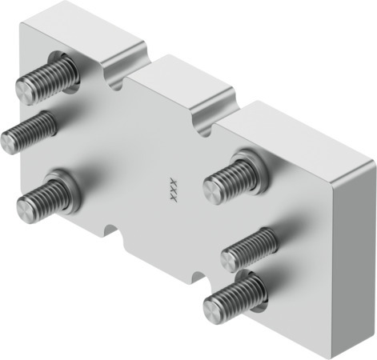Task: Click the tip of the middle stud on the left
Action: coord(8,142)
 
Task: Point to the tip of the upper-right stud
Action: coord(211,190)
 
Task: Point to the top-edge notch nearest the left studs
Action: coord(117,79)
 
